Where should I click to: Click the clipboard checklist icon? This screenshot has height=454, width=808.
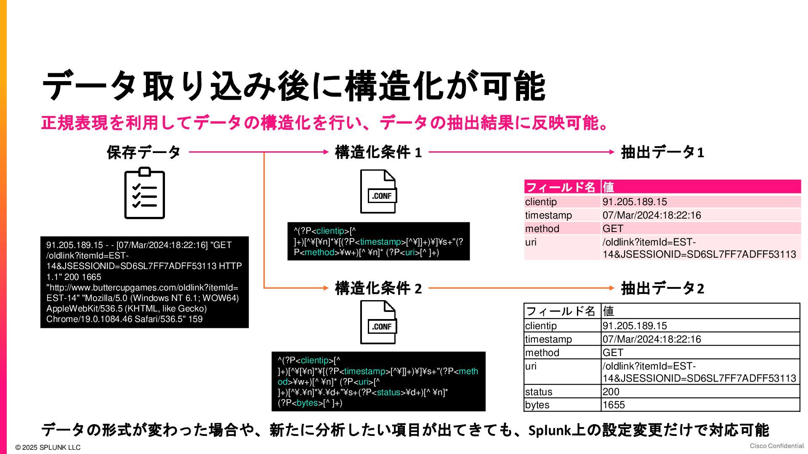pyautogui.click(x=144, y=193)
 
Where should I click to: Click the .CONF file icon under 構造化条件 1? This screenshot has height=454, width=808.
pyautogui.click(x=378, y=192)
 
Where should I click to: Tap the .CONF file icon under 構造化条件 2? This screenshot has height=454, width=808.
pyautogui.click(x=378, y=322)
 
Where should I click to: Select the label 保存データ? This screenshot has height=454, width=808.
pyautogui.click(x=144, y=152)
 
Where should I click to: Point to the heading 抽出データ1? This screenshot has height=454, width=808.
pyautogui.click(x=662, y=152)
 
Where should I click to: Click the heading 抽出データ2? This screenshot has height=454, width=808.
pyautogui.click(x=662, y=288)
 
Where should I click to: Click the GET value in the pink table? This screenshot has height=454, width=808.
pyautogui.click(x=613, y=229)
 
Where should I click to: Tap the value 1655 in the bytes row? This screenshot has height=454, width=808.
pyautogui.click(x=614, y=405)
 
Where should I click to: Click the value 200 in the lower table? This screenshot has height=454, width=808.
pyautogui.click(x=611, y=392)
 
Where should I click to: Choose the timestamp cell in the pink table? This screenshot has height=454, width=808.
pyautogui.click(x=548, y=215)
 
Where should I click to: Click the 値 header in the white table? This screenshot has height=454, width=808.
pyautogui.click(x=609, y=311)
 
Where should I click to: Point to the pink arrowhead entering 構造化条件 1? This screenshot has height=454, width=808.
pyautogui.click(x=326, y=152)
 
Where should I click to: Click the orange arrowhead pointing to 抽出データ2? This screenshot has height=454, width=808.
pyautogui.click(x=612, y=288)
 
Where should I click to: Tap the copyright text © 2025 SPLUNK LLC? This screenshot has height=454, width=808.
pyautogui.click(x=48, y=447)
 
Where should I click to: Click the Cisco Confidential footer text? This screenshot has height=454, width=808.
pyautogui.click(x=776, y=446)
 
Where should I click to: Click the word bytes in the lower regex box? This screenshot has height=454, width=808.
pyautogui.click(x=307, y=403)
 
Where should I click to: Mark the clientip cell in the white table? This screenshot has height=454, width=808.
pyautogui.click(x=541, y=326)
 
